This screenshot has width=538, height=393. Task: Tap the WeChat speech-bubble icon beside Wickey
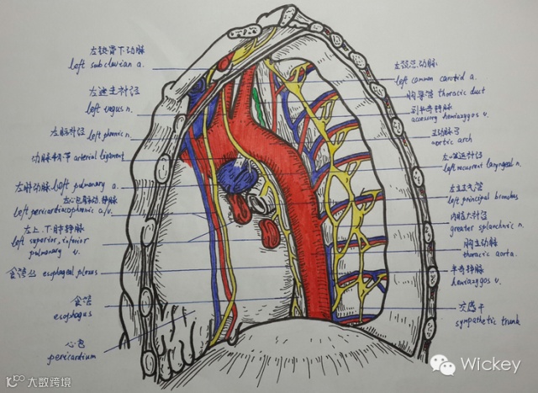pyautogui.click(x=443, y=364)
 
